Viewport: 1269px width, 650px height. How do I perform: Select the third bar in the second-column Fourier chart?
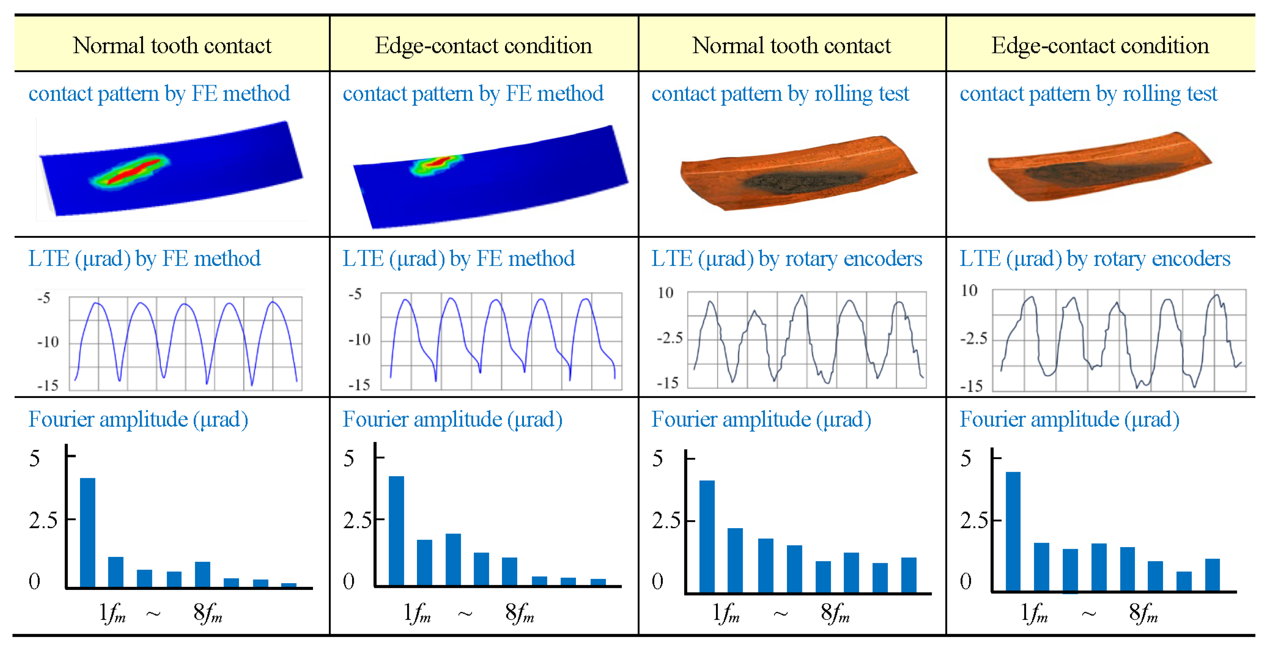453,560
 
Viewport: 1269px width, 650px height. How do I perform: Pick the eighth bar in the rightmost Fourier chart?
1212,575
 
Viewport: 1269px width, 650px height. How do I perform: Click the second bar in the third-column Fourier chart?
735,560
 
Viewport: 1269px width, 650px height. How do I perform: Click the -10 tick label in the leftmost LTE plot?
48,342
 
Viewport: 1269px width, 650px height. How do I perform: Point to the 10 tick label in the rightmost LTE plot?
969,291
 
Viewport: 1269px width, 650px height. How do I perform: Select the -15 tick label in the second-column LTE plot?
359,385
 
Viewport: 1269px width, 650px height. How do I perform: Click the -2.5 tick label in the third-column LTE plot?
670,338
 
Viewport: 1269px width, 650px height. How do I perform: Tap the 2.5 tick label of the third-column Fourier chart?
666,520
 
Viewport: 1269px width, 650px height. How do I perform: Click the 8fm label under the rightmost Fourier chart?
1143,614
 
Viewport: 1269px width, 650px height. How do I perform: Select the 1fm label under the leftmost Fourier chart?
112,614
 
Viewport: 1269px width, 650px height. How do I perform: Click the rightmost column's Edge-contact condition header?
1100,45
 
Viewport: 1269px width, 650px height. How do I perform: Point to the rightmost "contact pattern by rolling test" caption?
1088,93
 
